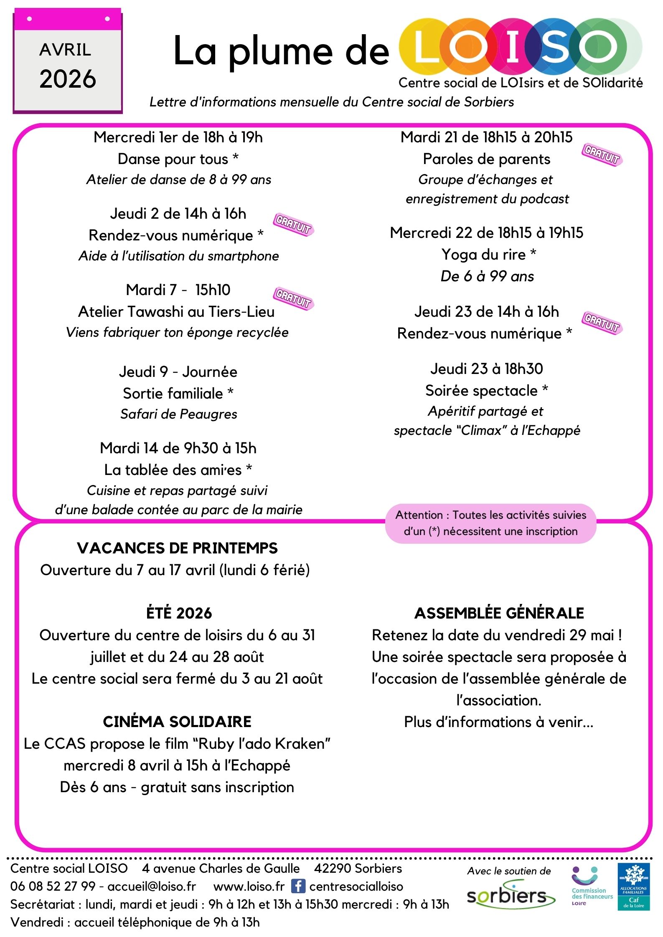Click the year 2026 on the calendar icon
[x=68, y=79]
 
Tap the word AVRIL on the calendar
[x=65, y=50]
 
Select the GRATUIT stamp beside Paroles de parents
[x=602, y=155]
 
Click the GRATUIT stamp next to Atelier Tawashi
[x=293, y=299]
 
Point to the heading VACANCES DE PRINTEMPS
[x=178, y=548]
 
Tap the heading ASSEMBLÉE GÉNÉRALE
[x=499, y=613]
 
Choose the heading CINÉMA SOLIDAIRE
[x=178, y=722]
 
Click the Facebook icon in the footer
[x=298, y=886]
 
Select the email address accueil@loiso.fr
[x=152, y=886]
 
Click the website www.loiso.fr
[x=249, y=886]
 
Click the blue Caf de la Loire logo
[x=633, y=886]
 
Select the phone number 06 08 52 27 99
[x=53, y=886]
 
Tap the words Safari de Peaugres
[x=179, y=414]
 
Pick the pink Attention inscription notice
[x=490, y=523]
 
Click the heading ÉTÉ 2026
[x=179, y=613]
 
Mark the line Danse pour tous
[x=174, y=159]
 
